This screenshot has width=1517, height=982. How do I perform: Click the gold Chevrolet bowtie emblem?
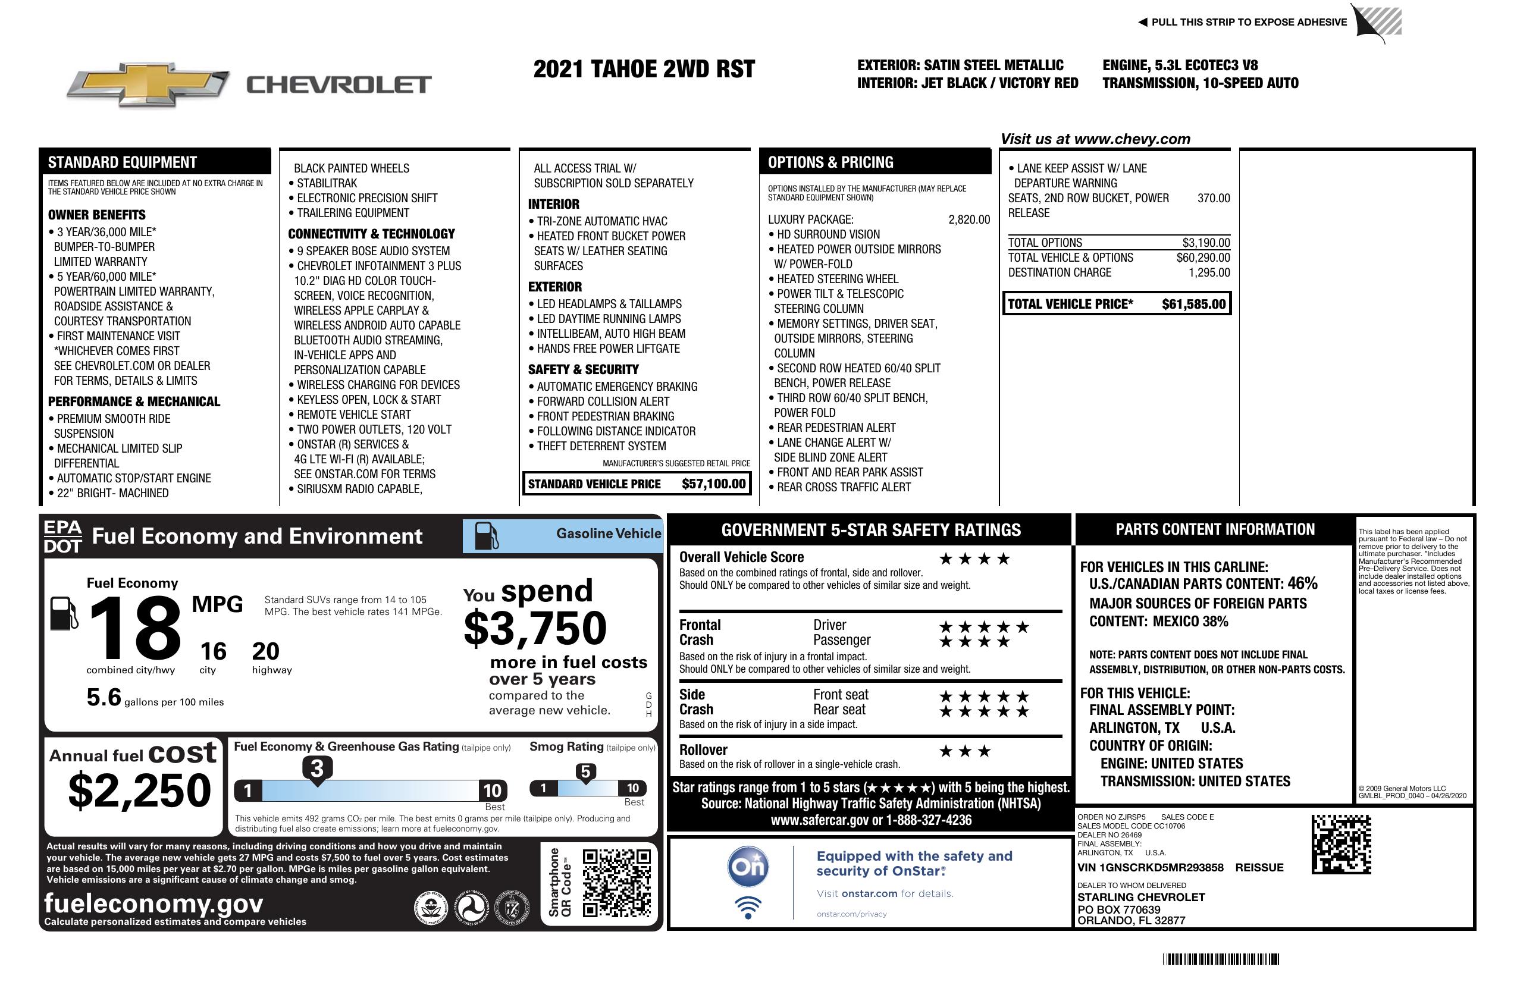pos(148,84)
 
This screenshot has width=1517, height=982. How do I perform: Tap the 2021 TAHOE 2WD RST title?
pos(644,69)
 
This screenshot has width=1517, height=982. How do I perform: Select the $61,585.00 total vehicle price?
pos(1193,304)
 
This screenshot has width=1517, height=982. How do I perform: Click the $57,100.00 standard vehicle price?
pos(713,484)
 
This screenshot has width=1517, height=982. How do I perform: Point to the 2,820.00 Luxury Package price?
pos(969,220)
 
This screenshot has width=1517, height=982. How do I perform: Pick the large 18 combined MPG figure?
pos(136,628)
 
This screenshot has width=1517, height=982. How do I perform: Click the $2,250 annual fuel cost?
pos(139,790)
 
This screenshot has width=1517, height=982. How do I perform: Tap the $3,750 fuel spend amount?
pos(535,628)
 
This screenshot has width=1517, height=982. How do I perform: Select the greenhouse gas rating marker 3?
pos(316,768)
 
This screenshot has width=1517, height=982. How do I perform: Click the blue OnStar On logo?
pos(748,867)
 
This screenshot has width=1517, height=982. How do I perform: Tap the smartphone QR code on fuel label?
pos(616,883)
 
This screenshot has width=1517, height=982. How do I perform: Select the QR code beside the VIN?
pos(1341,845)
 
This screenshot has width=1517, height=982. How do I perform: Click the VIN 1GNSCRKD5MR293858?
pos(1150,867)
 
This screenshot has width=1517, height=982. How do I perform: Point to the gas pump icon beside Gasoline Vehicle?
pos(487,536)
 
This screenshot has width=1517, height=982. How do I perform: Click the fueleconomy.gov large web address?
pos(153,903)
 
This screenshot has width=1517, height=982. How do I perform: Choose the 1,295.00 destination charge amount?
pos(1209,273)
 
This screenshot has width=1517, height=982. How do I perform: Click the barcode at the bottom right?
pos(1220,959)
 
